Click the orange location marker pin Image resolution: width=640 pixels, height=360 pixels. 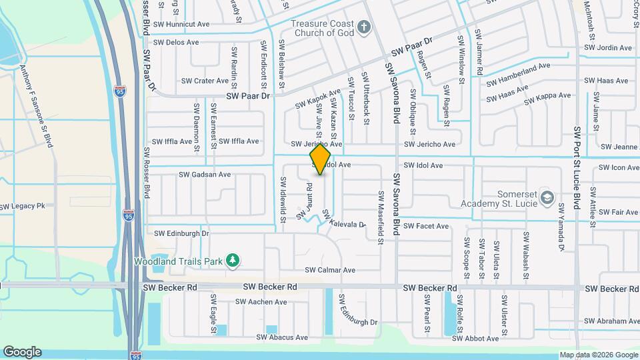321,159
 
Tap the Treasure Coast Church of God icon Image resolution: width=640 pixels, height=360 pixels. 363,27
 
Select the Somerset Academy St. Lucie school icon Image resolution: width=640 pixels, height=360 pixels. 547,197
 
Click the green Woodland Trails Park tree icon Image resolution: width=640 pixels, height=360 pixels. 233,260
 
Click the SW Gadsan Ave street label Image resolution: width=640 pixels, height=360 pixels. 205,175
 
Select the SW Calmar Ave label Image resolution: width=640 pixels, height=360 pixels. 330,271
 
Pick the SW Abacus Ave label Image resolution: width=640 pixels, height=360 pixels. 288,337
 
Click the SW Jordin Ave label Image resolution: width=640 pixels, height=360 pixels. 607,48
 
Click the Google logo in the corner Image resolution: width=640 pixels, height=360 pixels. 22,352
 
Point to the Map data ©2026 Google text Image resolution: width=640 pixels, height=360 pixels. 598,355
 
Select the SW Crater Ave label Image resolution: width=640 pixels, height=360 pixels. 205,81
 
